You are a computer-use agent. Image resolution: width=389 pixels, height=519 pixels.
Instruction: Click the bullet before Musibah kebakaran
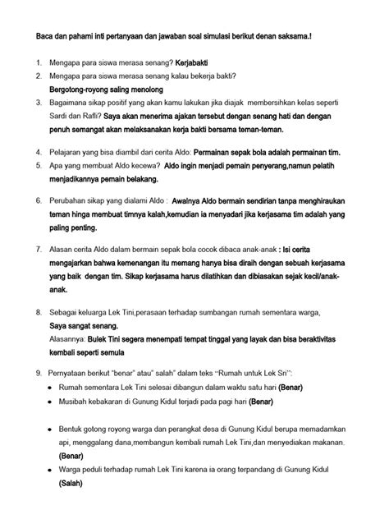51,401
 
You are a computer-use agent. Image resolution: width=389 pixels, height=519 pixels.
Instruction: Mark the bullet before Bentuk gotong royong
51,429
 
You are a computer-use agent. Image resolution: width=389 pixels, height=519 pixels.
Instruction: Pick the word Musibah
76,401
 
